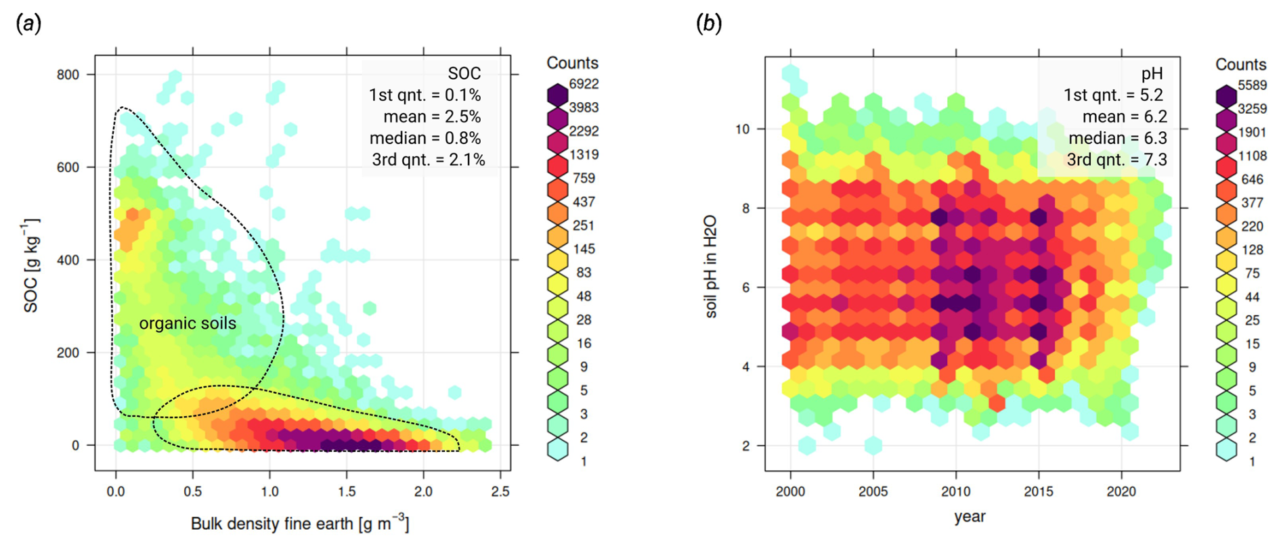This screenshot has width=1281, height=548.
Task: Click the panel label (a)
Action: click(28, 24)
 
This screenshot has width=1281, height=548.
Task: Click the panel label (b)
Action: click(709, 24)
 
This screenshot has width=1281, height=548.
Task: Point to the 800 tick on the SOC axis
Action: click(68, 74)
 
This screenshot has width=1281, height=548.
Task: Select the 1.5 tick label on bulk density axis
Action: click(347, 492)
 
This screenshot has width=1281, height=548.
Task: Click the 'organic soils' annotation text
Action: click(188, 323)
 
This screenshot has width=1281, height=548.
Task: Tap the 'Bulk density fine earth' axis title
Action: click(300, 523)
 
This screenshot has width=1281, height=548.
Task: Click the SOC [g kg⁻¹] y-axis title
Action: click(31, 265)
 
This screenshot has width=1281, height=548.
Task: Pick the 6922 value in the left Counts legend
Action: click(583, 84)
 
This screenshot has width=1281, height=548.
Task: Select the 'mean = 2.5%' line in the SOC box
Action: click(432, 116)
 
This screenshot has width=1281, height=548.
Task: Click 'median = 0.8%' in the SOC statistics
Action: click(425, 138)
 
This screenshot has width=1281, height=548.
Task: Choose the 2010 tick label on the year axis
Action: click(955, 492)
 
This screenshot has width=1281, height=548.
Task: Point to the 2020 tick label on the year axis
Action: click(1121, 492)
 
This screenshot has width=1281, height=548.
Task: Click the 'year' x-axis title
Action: click(970, 516)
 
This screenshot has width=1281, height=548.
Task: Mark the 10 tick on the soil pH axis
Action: click(743, 129)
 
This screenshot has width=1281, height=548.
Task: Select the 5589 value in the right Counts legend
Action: click(1252, 85)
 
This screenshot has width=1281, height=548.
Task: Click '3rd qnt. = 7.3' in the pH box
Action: click(1117, 160)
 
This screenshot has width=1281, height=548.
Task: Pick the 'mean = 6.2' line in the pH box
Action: click(1125, 116)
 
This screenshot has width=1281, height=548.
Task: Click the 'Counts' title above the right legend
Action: click(1240, 64)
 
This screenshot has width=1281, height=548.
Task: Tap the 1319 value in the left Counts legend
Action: click(584, 154)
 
